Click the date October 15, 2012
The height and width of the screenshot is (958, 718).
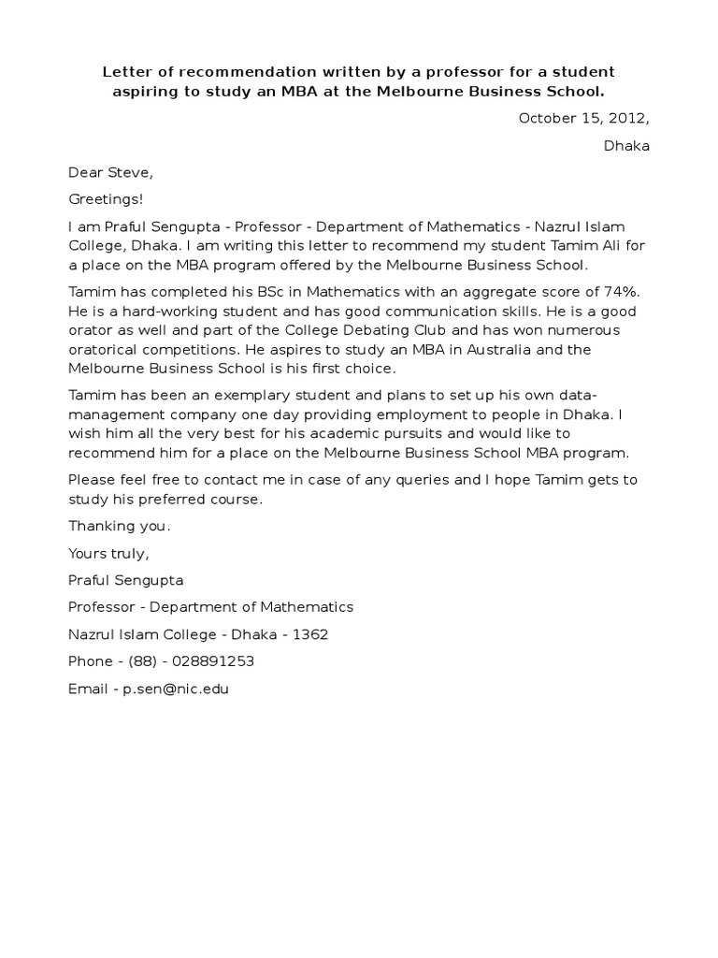pyautogui.click(x=583, y=118)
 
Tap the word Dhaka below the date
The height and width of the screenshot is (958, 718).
pyautogui.click(x=626, y=146)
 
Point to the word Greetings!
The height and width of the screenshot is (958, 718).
pyautogui.click(x=107, y=199)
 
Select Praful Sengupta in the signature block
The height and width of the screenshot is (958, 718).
pyautogui.click(x=125, y=580)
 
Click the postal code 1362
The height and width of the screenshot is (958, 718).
pyautogui.click(x=310, y=634)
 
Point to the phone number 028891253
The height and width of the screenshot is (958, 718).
pyautogui.click(x=211, y=661)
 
